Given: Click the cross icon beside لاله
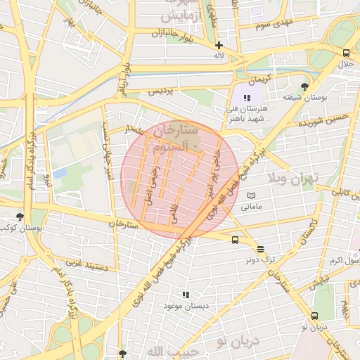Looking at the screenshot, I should click(219, 45).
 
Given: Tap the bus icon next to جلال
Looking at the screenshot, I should click(346, 53).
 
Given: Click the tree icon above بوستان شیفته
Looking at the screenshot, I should click(304, 86).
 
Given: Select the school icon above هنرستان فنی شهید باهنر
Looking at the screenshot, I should click(247, 98).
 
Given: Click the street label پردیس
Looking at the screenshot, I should click(159, 92).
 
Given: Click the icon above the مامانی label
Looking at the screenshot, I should click(252, 195).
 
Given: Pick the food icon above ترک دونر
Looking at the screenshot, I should click(260, 249).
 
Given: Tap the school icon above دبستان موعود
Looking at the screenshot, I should click(186, 295).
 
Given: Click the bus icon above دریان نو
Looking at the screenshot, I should click(314, 316).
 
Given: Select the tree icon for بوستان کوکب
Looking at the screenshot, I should click(19, 217).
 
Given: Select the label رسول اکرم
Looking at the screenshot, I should click(345, 261).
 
